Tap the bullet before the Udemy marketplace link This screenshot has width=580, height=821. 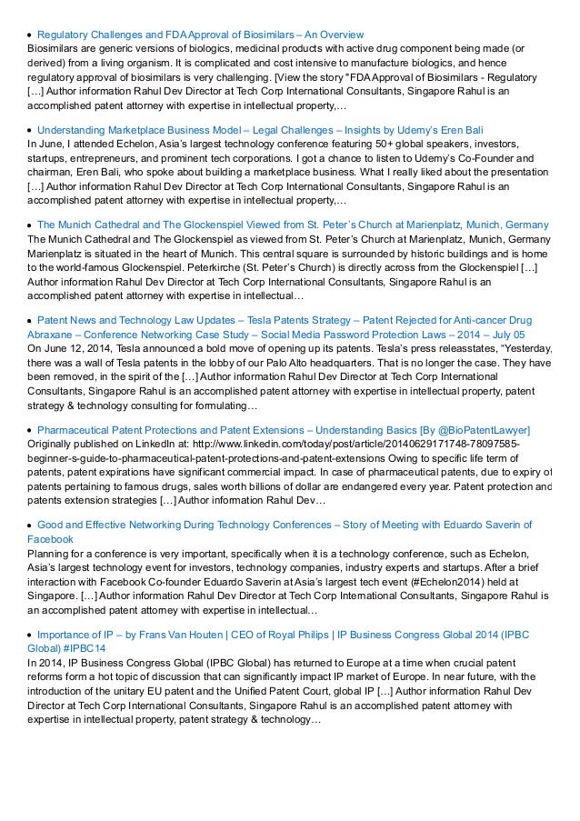(30, 131)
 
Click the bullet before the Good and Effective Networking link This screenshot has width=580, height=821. (30, 526)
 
